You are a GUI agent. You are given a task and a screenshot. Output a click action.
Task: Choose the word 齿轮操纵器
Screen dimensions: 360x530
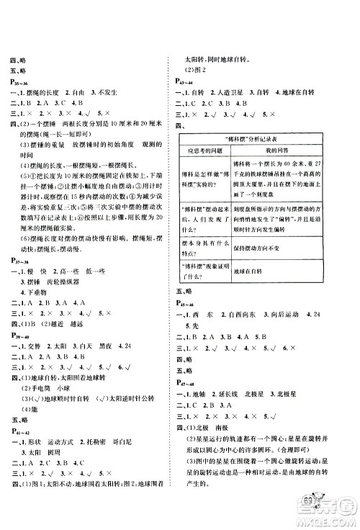[84, 304]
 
